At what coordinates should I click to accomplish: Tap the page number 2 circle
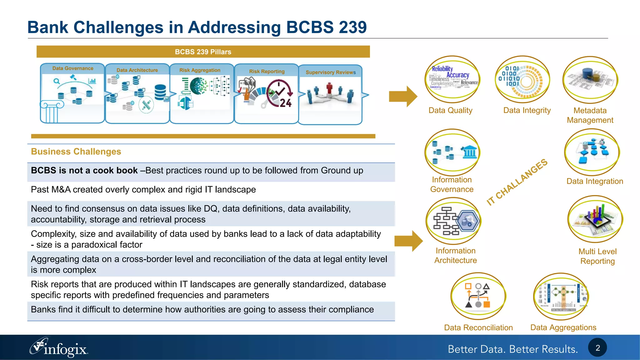[597, 347]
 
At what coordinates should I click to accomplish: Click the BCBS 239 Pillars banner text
[203, 52]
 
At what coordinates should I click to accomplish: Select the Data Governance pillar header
[72, 68]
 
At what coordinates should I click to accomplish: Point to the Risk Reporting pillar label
[267, 72]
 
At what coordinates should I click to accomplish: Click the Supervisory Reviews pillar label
[330, 72]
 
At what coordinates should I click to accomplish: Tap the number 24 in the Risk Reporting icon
[285, 103]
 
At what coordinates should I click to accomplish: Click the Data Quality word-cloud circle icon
[452, 79]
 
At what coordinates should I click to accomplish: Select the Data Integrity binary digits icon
[523, 79]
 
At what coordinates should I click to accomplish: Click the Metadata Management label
[590, 115]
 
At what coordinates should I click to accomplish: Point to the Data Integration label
[595, 181]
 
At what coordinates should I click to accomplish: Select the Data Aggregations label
[563, 327]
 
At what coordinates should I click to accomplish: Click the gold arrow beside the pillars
[403, 97]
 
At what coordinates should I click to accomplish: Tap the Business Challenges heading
[76, 152]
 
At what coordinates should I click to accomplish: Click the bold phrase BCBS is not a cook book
[84, 171]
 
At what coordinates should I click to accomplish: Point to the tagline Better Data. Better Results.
[512, 349]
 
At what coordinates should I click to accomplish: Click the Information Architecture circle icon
[453, 221]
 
